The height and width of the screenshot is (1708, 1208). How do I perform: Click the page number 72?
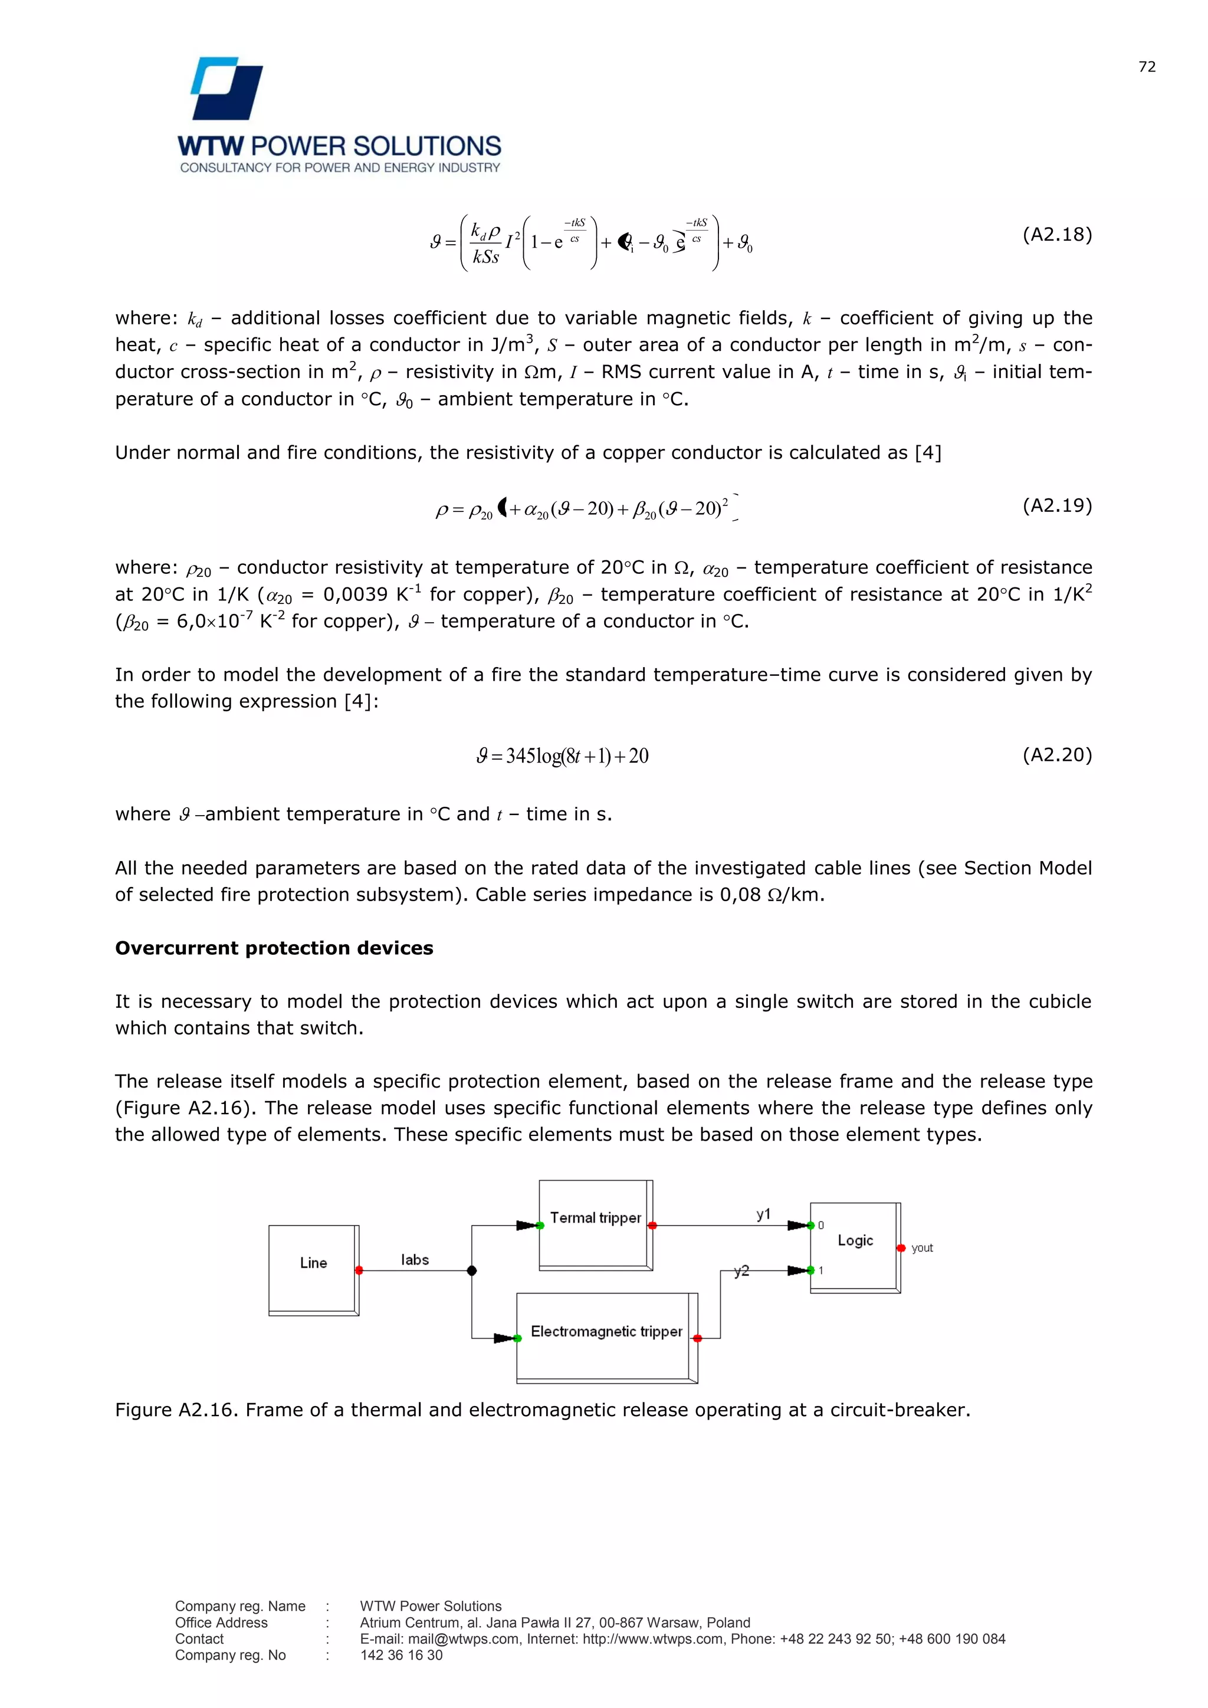click(x=1147, y=67)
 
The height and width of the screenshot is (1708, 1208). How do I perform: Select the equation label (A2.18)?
click(x=1056, y=235)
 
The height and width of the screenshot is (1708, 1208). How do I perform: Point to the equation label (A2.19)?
click(x=1056, y=506)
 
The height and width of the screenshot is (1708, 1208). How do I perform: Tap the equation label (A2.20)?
click(x=1056, y=755)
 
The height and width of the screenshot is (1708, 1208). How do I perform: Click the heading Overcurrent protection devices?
click(x=274, y=948)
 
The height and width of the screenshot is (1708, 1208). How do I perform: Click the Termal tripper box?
click(x=595, y=1218)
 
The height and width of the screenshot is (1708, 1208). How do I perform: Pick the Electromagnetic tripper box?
click(x=606, y=1332)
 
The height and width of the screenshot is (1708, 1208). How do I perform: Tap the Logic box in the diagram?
click(x=855, y=1240)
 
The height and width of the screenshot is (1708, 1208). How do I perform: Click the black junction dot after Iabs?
click(x=472, y=1270)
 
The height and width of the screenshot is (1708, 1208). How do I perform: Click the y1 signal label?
click(x=763, y=1215)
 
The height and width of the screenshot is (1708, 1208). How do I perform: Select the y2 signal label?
click(x=741, y=1272)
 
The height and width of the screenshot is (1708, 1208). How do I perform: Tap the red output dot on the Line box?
click(x=359, y=1270)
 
